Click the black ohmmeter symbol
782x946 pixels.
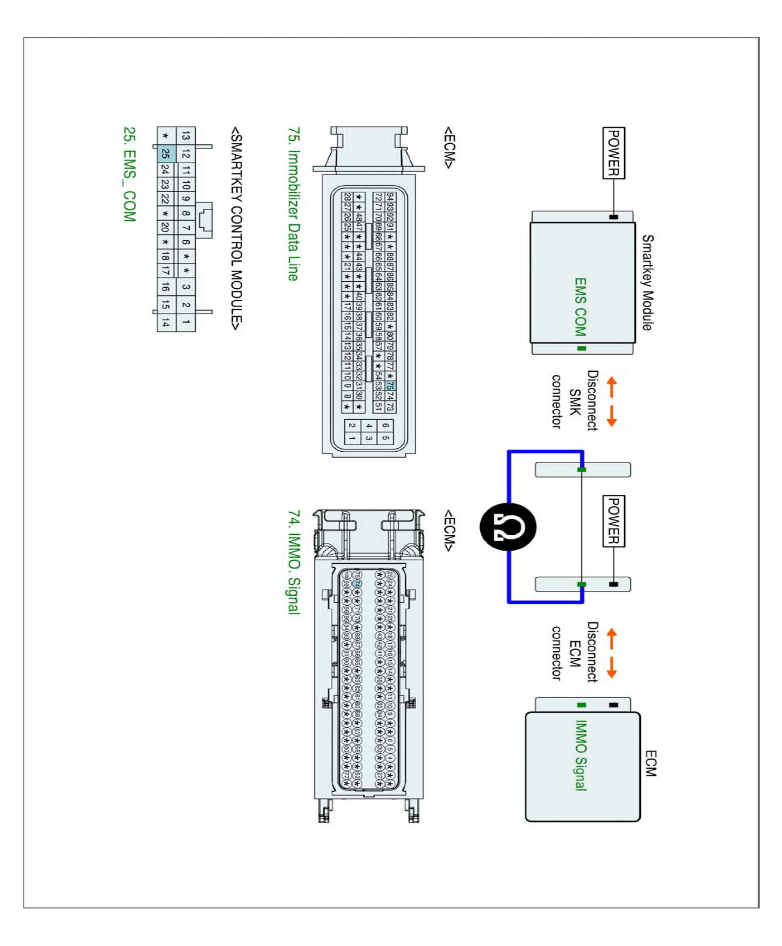pyautogui.click(x=508, y=527)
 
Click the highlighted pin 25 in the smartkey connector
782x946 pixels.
pyautogui.click(x=165, y=154)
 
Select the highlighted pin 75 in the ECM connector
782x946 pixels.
pyautogui.click(x=390, y=386)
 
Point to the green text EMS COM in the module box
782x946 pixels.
pyautogui.click(x=580, y=307)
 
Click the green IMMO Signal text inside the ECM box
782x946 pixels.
pyautogui.click(x=581, y=756)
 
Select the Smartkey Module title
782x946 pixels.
pyautogui.click(x=647, y=283)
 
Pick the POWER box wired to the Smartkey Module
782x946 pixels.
pyautogui.click(x=614, y=153)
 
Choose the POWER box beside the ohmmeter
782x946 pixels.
pyautogui.click(x=614, y=521)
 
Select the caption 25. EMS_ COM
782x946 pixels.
pyautogui.click(x=130, y=174)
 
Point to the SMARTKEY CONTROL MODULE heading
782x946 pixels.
pyautogui.click(x=236, y=229)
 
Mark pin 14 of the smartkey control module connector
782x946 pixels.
pyautogui.click(x=165, y=322)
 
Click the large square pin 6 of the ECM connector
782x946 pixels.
pyautogui.click(x=385, y=425)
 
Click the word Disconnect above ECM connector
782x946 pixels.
pyautogui.click(x=592, y=652)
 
